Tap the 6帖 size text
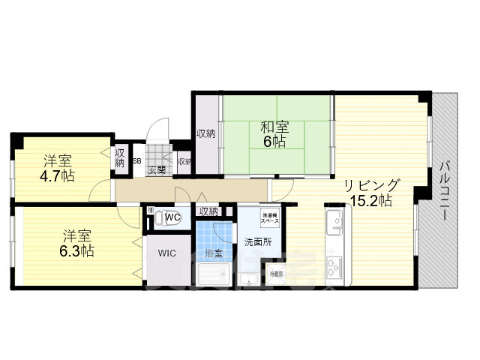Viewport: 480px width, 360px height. click(x=274, y=142)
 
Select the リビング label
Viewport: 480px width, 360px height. click(x=372, y=185)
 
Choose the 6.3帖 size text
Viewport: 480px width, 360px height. click(x=77, y=251)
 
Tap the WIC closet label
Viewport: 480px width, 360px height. click(x=166, y=253)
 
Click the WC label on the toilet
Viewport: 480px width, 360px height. click(x=172, y=217)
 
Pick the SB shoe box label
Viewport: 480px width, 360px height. click(x=136, y=160)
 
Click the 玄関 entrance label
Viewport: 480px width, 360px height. click(x=157, y=170)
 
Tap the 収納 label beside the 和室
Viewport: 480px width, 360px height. click(x=205, y=133)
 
